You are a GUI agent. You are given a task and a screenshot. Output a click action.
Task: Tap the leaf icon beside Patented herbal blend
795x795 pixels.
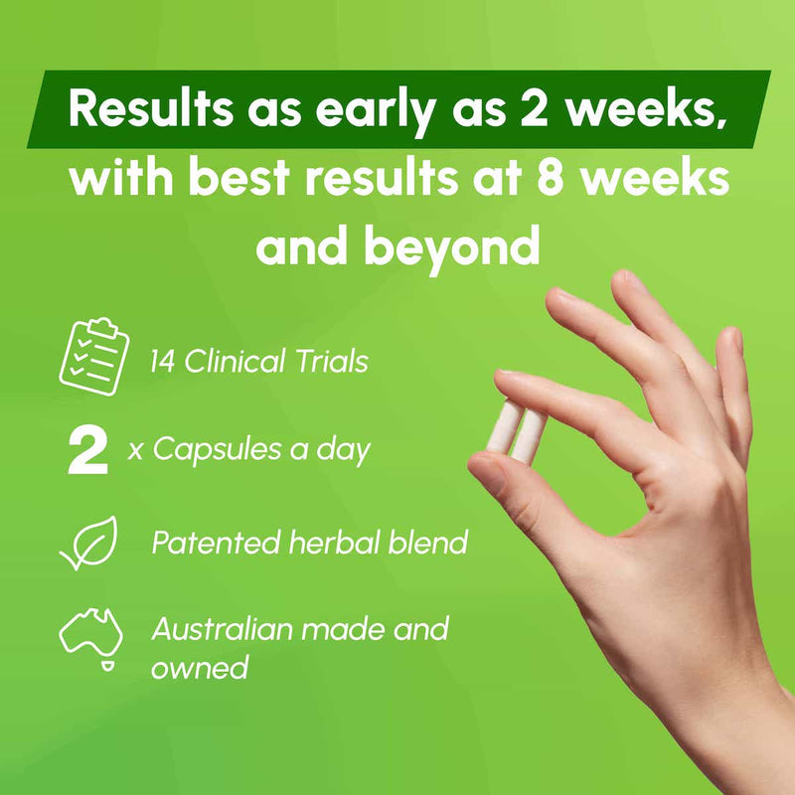pyautogui.click(x=89, y=543)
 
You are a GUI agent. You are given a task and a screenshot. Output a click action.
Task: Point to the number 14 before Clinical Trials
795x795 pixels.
pyautogui.click(x=166, y=361)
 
